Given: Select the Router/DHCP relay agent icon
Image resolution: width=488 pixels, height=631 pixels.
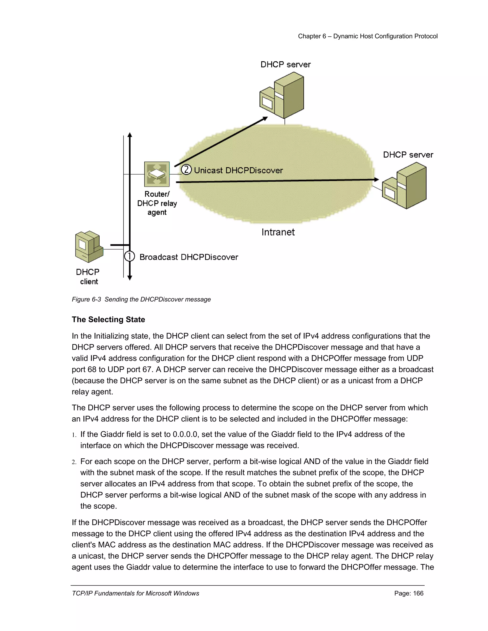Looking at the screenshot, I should pyautogui.click(x=157, y=174).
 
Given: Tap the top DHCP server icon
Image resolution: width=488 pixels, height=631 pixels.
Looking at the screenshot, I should pyautogui.click(x=282, y=95).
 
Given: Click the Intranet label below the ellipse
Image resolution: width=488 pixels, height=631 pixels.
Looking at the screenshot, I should pyautogui.click(x=278, y=232).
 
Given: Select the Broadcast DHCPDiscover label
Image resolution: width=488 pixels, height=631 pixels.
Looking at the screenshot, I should pyautogui.click(x=188, y=257).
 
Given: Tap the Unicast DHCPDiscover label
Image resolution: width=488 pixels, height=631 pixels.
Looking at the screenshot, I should pyautogui.click(x=238, y=170).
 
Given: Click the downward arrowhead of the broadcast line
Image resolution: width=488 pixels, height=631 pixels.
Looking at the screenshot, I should pyautogui.click(x=130, y=278).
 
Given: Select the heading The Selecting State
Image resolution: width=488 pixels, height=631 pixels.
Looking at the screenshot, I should pyautogui.click(x=108, y=320).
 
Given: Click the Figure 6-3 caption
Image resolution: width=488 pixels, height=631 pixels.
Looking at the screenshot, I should pyautogui.click(x=141, y=299).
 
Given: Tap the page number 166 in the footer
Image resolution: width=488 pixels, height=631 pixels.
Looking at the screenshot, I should pyautogui.click(x=418, y=593).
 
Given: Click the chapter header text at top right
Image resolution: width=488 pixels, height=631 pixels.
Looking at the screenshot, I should pyautogui.click(x=367, y=36).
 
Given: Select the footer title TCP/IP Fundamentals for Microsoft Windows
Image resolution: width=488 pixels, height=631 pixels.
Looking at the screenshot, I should pyautogui.click(x=135, y=593).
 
